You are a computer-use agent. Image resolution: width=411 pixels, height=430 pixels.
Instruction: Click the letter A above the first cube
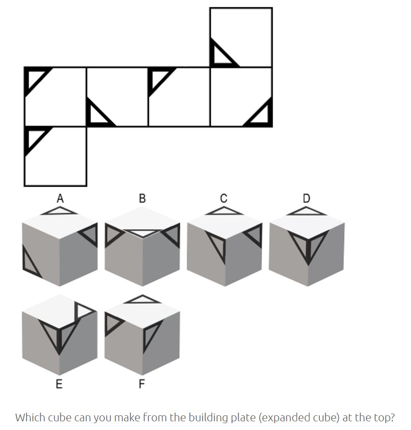click(60, 198)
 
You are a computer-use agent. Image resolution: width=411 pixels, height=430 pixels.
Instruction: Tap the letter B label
click(142, 198)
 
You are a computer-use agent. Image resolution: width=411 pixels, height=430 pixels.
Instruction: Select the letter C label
click(224, 198)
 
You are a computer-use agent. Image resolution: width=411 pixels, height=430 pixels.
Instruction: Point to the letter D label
click(307, 198)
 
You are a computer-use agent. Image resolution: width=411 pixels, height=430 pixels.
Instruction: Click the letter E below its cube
click(59, 384)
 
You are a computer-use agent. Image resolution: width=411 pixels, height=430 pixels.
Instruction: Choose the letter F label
click(142, 384)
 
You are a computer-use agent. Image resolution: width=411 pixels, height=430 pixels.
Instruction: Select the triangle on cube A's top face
click(60, 211)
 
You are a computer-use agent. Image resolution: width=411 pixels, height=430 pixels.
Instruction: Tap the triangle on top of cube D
click(307, 211)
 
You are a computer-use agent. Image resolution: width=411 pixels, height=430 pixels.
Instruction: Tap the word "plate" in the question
click(245, 418)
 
